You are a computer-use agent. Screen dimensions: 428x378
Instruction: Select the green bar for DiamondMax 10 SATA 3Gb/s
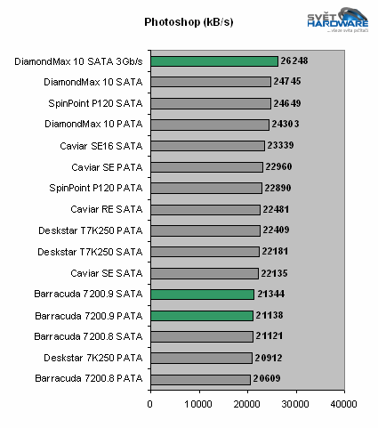click(213, 61)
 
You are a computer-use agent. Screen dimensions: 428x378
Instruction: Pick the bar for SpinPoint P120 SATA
click(210, 103)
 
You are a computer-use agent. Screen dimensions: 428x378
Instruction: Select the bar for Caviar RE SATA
click(205, 209)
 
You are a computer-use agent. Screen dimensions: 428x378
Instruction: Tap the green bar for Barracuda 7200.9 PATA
click(201, 315)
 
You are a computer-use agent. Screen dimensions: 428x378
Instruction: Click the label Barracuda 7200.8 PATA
click(88, 379)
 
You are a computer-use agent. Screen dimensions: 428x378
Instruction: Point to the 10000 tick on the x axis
click(198, 403)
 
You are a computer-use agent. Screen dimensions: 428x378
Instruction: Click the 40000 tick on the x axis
click(343, 403)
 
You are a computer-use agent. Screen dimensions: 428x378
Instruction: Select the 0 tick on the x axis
click(150, 403)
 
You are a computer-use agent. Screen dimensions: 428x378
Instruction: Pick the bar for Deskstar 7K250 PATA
click(201, 358)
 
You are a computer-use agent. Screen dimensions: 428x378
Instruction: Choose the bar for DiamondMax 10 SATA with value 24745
click(210, 82)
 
